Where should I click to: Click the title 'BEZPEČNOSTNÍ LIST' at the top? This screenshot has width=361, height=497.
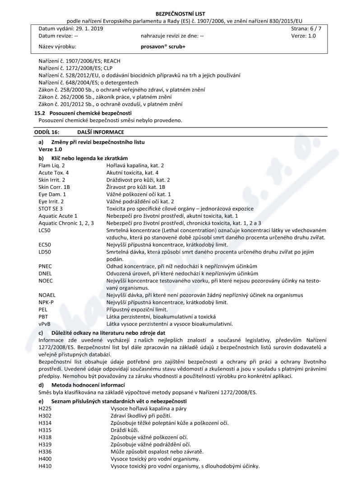(x=180, y=14)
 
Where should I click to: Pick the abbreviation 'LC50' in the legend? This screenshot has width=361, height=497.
(x=45, y=230)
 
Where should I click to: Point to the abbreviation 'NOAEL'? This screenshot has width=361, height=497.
(x=47, y=295)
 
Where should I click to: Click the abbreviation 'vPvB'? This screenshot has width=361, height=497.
(x=45, y=324)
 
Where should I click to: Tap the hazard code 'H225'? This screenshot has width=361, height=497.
(x=46, y=409)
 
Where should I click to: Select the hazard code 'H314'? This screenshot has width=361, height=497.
(x=46, y=423)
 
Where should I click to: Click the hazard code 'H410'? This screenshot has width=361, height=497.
(x=46, y=466)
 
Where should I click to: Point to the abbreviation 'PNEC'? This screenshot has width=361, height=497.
(x=46, y=266)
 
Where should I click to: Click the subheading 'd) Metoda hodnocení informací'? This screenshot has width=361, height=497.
(x=79, y=384)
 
